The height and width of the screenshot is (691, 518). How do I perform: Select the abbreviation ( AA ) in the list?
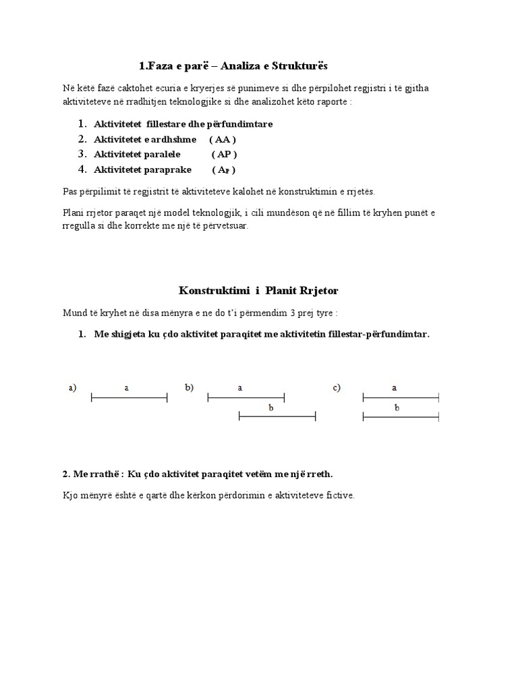[x=223, y=139]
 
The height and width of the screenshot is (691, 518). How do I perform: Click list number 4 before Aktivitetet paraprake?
[x=82, y=169]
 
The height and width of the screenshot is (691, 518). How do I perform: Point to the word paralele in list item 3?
[x=160, y=154]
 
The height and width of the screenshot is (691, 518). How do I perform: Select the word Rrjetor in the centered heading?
[x=316, y=290]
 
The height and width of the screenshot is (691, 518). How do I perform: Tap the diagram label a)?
[x=72, y=388]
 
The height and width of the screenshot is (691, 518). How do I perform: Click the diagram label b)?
[x=190, y=388]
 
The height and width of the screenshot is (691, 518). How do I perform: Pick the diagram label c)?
[x=337, y=388]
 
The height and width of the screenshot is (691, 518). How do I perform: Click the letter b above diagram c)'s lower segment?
[x=397, y=408]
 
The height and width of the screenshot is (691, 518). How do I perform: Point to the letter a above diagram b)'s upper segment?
[x=241, y=388]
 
